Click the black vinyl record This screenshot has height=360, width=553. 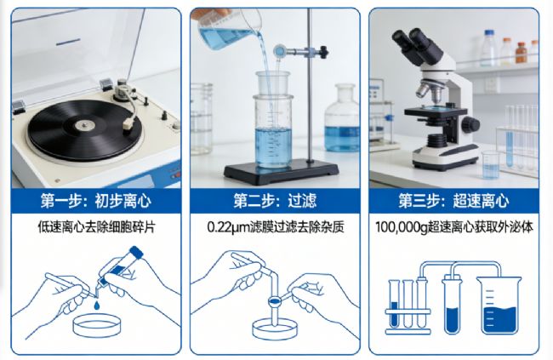click(84, 129)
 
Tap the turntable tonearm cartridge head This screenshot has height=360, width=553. click(128, 124)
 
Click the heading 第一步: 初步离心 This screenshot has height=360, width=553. click(95, 201)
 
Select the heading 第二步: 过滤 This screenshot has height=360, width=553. click(275, 201)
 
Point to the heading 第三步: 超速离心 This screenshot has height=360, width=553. click(453, 201)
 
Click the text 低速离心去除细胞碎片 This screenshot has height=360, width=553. click(96, 227)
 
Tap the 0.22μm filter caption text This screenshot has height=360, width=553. click(276, 227)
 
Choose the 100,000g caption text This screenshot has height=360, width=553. click(454, 227)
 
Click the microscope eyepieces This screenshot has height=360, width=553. click(417, 44)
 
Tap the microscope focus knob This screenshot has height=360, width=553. click(470, 124)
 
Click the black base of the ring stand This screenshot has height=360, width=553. click(281, 172)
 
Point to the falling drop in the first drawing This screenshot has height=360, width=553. click(97, 306)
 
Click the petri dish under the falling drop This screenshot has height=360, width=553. click(97, 326)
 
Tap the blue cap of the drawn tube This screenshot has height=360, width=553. click(136, 252)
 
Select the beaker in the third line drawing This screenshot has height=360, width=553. click(499, 305)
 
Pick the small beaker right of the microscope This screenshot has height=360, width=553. click(491, 164)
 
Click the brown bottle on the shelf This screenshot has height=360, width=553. click(521, 52)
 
